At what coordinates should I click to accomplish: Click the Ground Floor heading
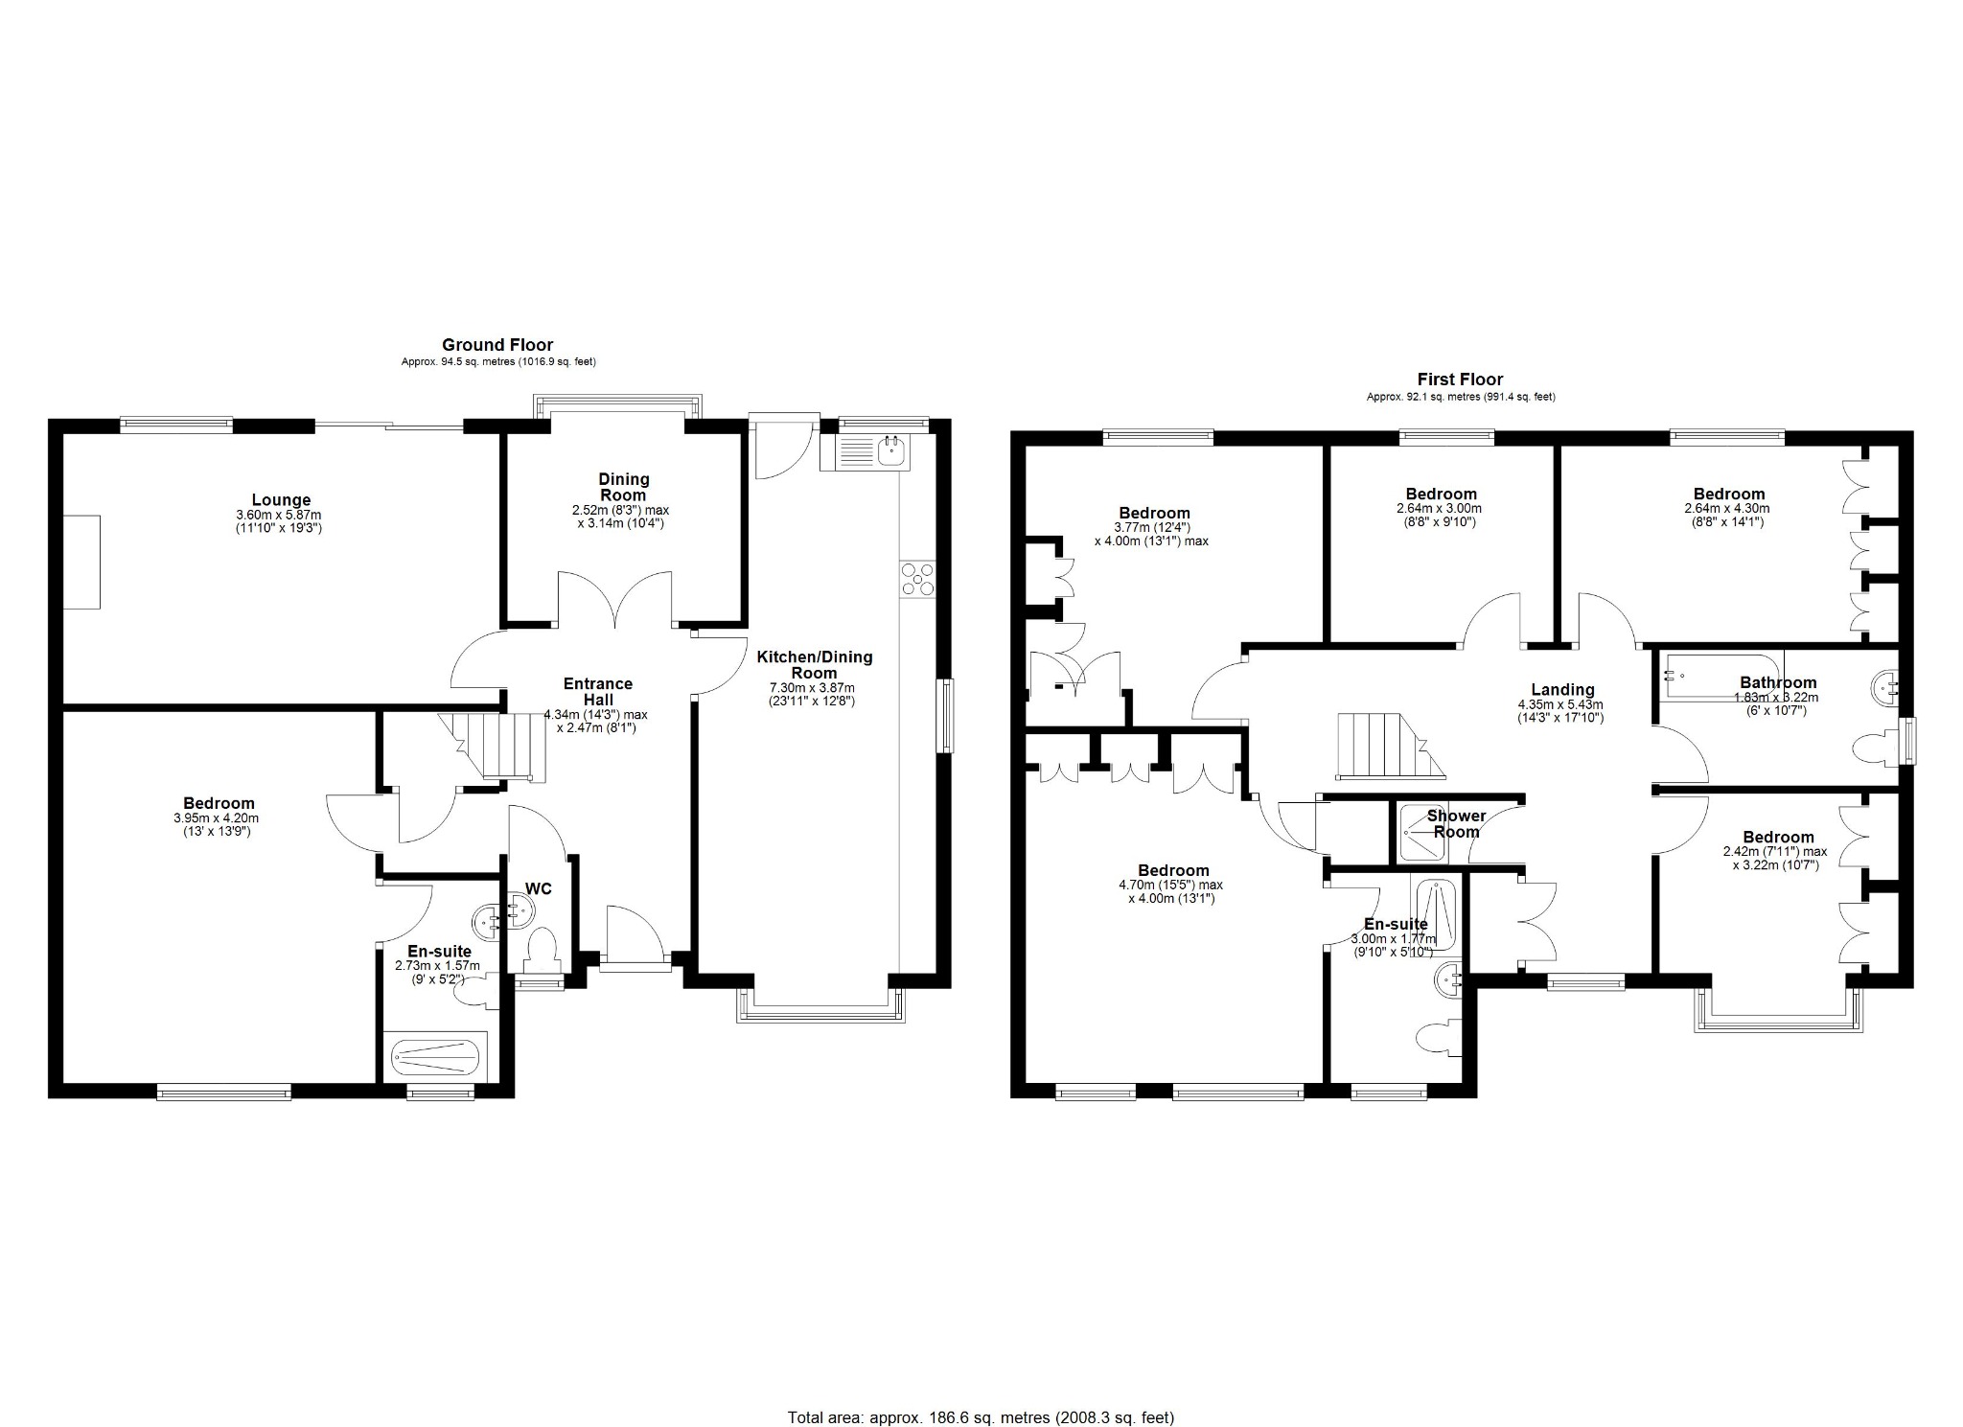(497, 345)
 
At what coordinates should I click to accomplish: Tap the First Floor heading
(1460, 380)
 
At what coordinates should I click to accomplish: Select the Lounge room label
(281, 499)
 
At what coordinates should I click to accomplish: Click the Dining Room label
(624, 487)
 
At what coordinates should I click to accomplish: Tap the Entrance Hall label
(597, 691)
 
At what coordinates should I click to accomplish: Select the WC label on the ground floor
(539, 888)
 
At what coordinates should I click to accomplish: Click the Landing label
(1562, 689)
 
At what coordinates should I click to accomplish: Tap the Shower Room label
(1456, 823)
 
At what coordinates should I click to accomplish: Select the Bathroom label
(1778, 682)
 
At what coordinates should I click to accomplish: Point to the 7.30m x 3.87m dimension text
(812, 687)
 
